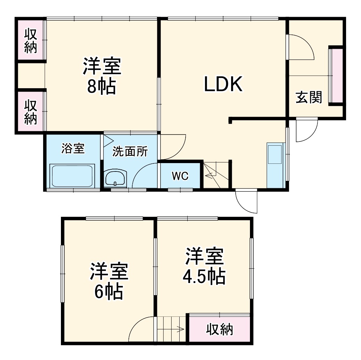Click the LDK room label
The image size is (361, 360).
[x=223, y=84]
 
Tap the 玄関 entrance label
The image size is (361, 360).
[x=309, y=97]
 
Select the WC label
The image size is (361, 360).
[x=180, y=176]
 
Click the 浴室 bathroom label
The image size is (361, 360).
[x=72, y=148]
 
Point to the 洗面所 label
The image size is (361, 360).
[x=130, y=152]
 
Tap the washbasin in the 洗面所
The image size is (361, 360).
[x=115, y=178]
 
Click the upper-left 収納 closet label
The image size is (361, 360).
[x=31, y=41]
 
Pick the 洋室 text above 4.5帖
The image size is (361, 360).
[x=204, y=257]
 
